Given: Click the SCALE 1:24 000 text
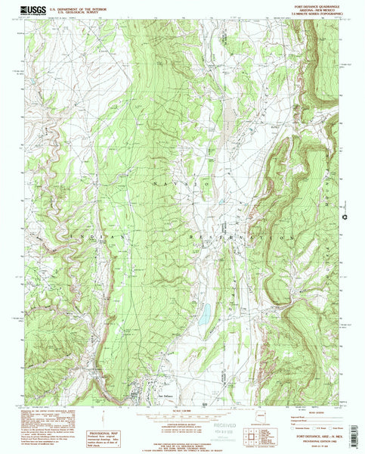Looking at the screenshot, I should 182,412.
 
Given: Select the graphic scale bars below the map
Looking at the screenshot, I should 182,421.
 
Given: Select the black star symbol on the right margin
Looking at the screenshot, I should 345,217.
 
